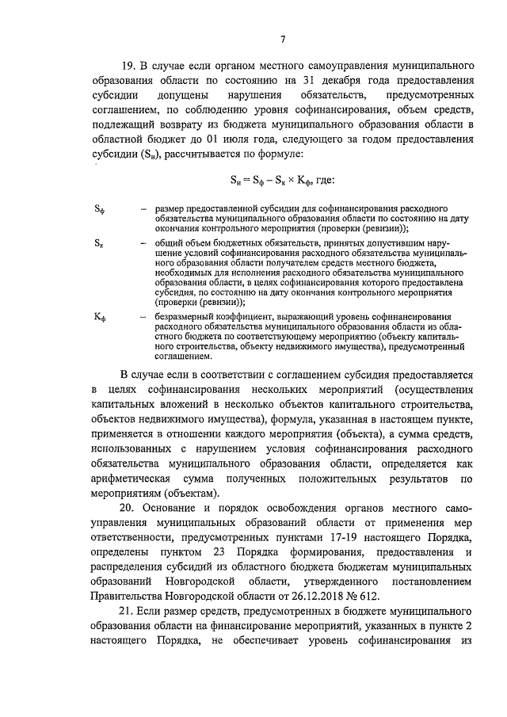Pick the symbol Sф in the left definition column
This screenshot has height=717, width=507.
[x=98, y=211]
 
